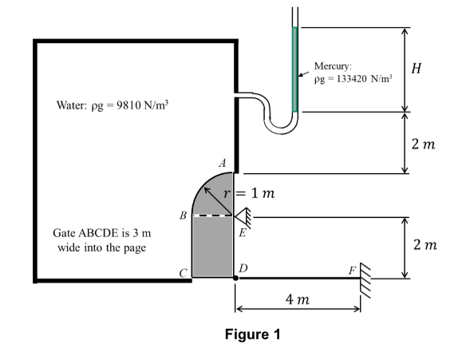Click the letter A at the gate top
(223, 163)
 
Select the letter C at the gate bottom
(184, 272)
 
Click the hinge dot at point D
(235, 279)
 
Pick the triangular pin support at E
(242, 215)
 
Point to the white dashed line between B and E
(210, 216)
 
